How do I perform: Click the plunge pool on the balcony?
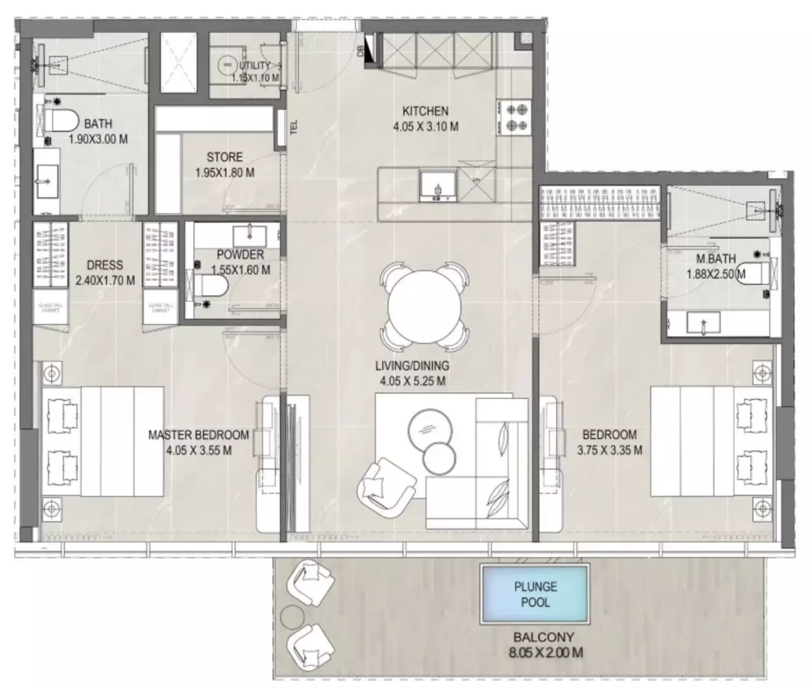535,594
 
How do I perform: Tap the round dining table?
425,307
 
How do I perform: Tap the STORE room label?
225,157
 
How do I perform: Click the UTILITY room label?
255,66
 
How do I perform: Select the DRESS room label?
105,265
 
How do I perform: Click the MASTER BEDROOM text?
198,435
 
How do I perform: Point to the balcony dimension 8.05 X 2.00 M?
546,653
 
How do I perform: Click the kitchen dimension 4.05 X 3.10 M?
425,127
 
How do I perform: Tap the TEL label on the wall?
294,127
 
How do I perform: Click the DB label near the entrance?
360,51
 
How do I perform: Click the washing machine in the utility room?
227,65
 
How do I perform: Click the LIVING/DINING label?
412,366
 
